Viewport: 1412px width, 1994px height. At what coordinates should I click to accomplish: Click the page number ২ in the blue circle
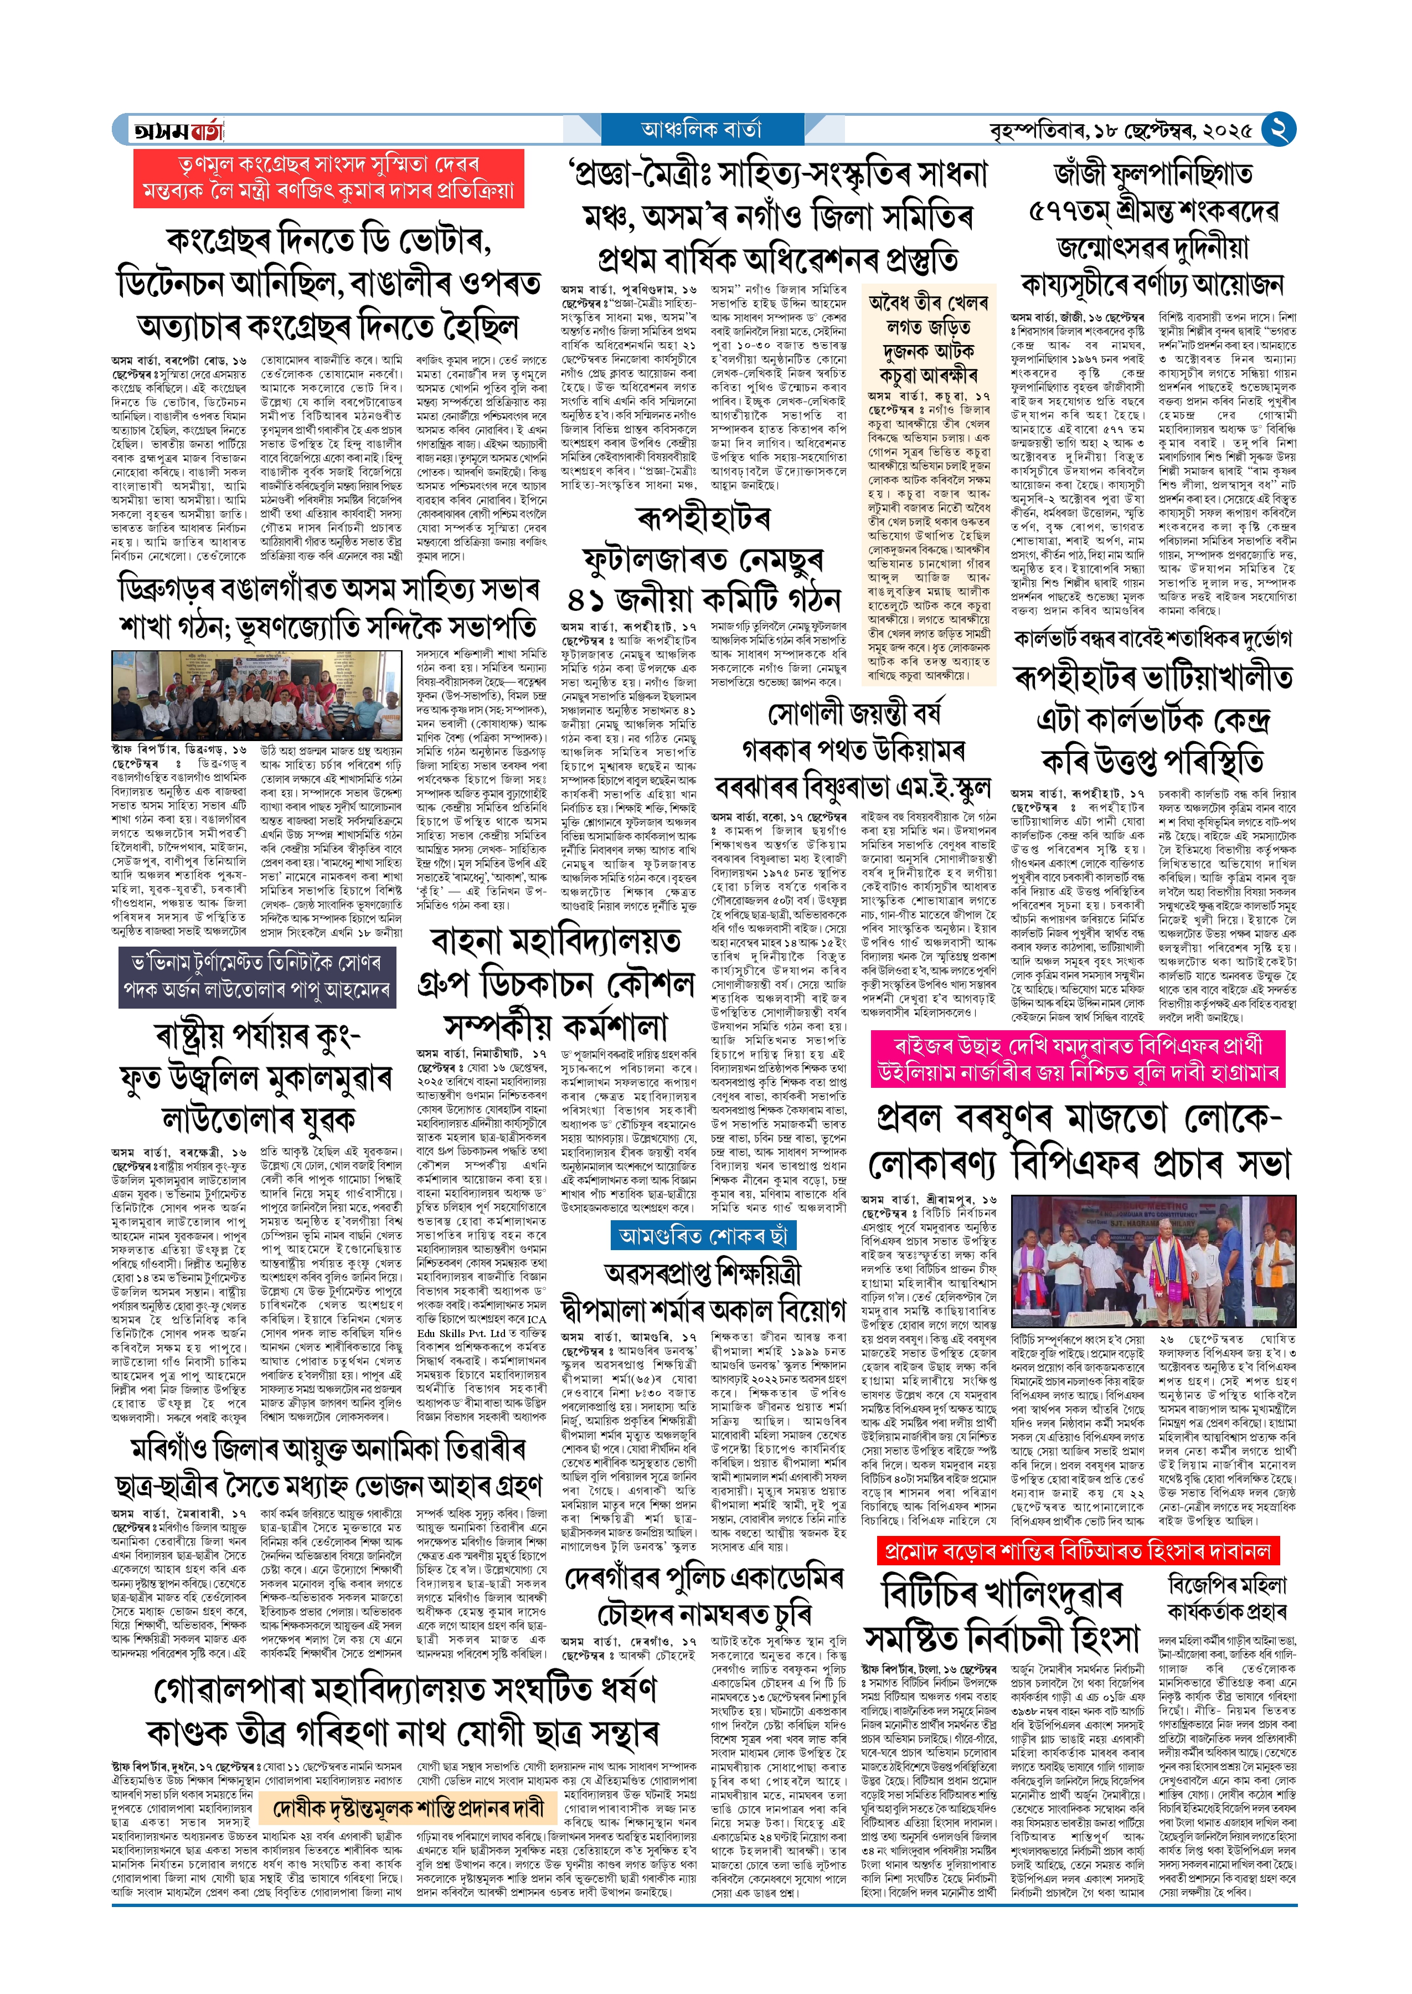pyautogui.click(x=1278, y=130)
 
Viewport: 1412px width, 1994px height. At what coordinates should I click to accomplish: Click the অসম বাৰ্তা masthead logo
pyautogui.click(x=178, y=130)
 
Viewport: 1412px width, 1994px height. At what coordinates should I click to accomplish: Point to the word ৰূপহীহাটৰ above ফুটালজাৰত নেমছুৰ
pyautogui.click(x=703, y=519)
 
